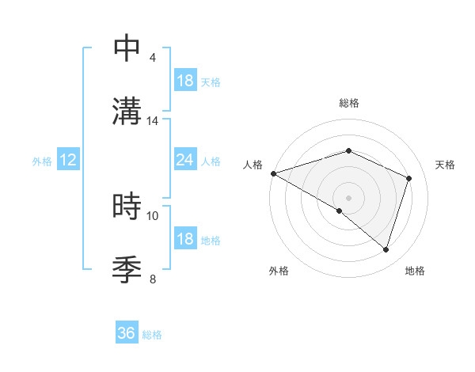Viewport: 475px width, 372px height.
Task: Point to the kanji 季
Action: [x=127, y=268]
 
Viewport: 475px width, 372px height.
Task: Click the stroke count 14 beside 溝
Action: [x=153, y=121]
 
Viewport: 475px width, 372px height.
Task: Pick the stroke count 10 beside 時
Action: [x=153, y=215]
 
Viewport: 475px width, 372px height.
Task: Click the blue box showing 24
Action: [x=184, y=161]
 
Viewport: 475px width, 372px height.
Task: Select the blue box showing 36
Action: [x=127, y=334]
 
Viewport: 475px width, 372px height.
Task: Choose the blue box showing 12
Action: [x=68, y=161]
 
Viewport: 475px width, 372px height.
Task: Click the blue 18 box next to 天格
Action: [x=184, y=81]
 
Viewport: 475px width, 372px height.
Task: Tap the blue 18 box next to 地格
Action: [x=184, y=240]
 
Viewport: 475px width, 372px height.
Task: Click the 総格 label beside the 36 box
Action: [x=152, y=335]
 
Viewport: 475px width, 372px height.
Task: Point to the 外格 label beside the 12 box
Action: [x=42, y=161]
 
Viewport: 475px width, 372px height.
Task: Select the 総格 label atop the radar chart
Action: [x=348, y=103]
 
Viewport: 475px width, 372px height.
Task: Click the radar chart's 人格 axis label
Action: [x=253, y=165]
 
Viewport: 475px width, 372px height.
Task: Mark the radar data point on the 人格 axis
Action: [x=273, y=173]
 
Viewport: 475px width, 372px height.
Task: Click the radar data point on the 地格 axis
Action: [x=386, y=250]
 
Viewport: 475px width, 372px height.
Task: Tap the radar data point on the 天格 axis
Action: [x=408, y=178]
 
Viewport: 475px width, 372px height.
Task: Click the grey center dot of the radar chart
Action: [x=348, y=197]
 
